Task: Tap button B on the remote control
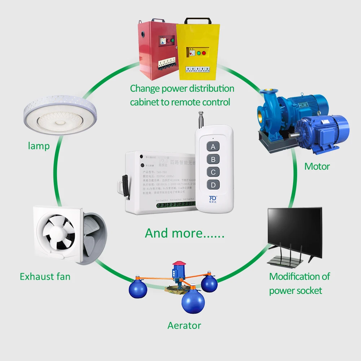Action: [x=213, y=159]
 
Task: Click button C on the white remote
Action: [x=213, y=172]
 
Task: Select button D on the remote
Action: [x=213, y=185]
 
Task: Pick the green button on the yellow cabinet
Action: [x=198, y=53]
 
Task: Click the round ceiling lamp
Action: [x=60, y=114]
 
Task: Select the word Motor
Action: [x=317, y=166]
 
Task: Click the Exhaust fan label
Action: [x=45, y=277]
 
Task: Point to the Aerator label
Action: [x=184, y=325]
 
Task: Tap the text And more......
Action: [x=184, y=233]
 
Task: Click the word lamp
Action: [x=39, y=146]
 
